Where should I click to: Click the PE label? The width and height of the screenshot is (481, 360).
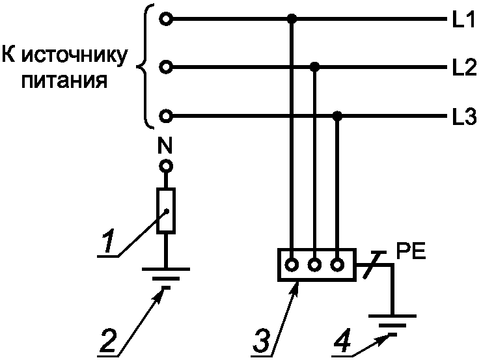pos(411,250)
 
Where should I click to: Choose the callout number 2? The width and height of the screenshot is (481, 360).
pos(111,340)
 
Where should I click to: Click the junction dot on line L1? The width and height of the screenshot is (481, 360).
pos(292,20)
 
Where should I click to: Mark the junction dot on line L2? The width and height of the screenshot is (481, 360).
pos(315,66)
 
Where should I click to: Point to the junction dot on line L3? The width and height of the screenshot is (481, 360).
pos(337,117)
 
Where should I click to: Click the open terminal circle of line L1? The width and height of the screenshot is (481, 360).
pos(167,20)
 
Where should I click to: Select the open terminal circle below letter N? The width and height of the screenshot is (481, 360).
pos(167,166)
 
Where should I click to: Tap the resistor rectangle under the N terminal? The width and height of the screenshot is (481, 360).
pos(167,211)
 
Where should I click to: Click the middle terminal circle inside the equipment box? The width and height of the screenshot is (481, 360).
pos(315,265)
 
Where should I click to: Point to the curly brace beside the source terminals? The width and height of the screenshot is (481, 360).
pos(145,66)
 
